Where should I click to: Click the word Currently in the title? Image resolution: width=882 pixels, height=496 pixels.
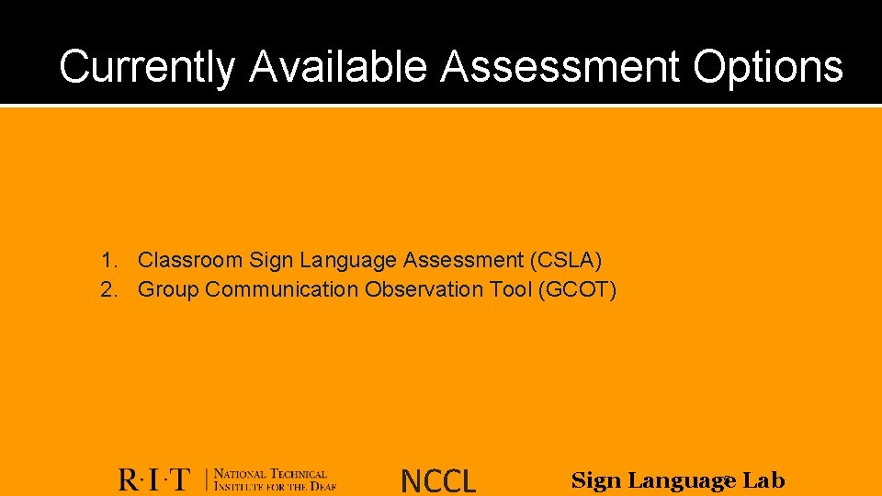coord(147,67)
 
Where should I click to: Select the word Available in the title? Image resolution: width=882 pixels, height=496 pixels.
coord(338,67)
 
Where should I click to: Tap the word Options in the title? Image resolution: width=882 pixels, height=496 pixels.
coord(768,67)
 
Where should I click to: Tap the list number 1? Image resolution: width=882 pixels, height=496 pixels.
coord(108,261)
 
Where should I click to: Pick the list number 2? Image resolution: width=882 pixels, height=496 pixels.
coord(108,290)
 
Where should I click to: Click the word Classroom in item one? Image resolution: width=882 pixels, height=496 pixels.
coord(190,261)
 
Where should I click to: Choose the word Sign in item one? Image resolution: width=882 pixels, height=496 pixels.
coord(268,261)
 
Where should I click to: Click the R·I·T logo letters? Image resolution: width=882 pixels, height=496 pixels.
coord(154,479)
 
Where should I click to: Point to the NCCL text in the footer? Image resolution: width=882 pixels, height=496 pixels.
coord(438,480)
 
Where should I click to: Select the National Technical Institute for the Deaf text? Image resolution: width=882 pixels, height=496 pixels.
coord(275,479)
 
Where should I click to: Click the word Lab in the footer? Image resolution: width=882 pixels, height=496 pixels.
coord(763,479)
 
